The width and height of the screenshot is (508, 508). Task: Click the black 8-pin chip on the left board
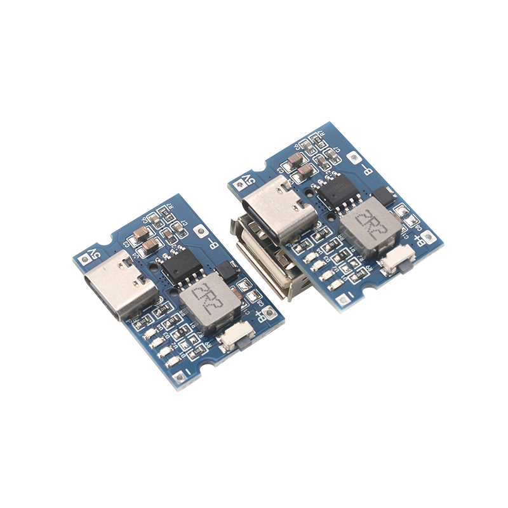pyautogui.click(x=182, y=265)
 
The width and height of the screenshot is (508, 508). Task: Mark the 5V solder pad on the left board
pyautogui.click(x=84, y=260)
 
